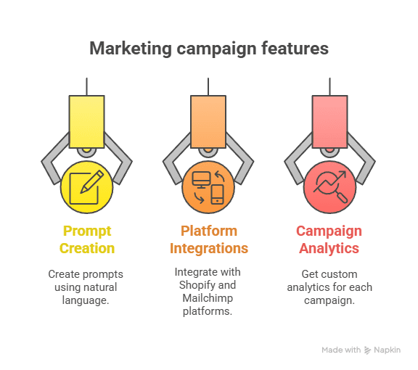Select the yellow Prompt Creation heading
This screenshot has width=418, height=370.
click(x=88, y=239)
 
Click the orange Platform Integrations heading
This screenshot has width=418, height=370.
click(x=209, y=239)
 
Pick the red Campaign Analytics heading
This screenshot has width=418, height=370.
click(x=329, y=239)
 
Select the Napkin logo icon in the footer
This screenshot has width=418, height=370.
click(x=368, y=350)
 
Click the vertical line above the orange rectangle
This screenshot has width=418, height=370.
click(x=208, y=86)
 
